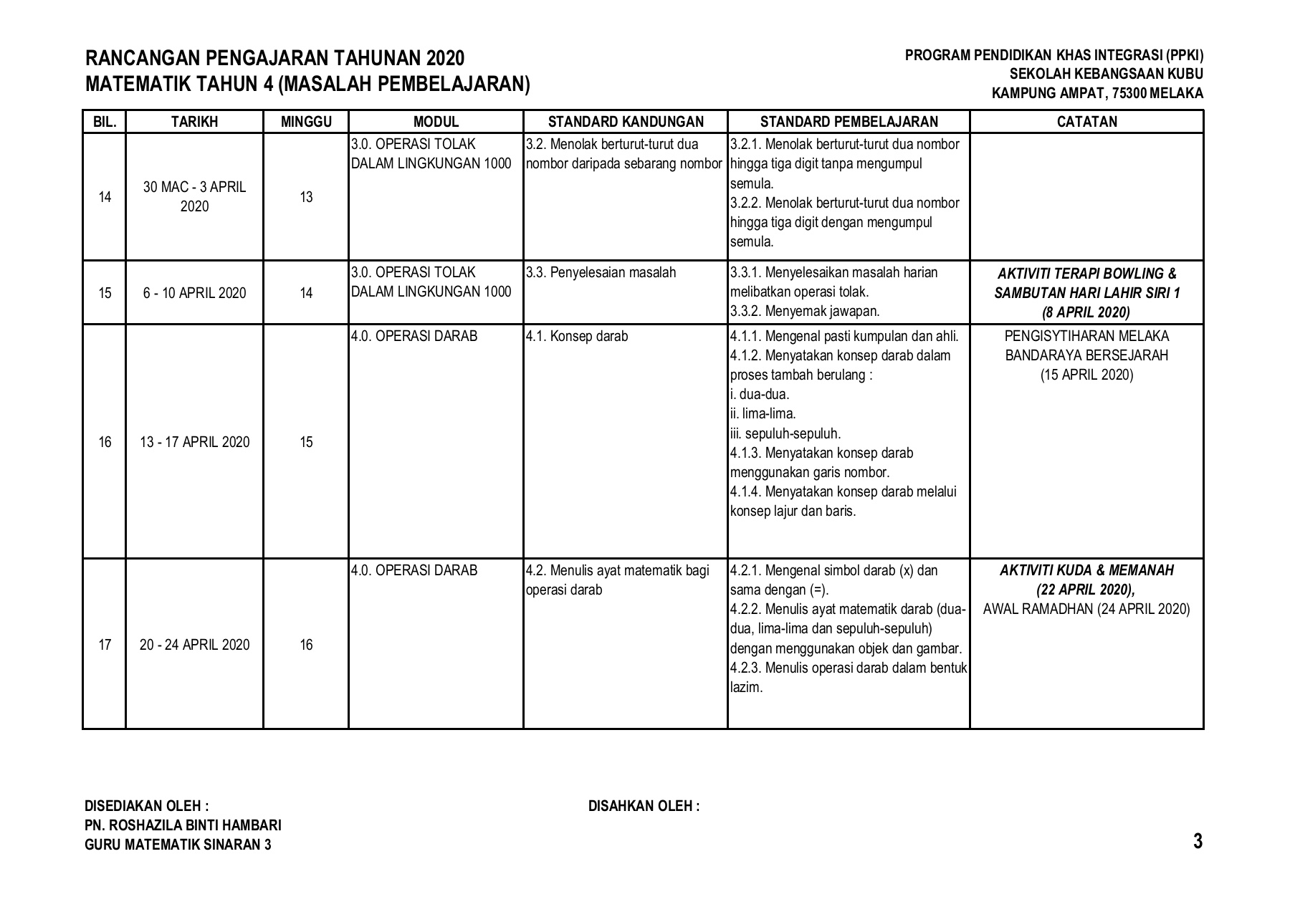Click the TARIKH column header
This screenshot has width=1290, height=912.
pos(194,122)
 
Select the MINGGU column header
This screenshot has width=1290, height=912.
pos(306,122)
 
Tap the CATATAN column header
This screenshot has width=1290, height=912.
pos(1086,122)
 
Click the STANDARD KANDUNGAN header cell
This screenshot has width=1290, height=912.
pos(626,122)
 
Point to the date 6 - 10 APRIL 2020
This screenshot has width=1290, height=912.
pos(194,293)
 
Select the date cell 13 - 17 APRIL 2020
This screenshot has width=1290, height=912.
pos(194,442)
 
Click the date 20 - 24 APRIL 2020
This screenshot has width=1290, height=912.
pos(194,645)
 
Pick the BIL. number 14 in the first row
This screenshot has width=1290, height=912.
pos(105,197)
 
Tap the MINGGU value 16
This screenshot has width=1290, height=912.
pos(306,645)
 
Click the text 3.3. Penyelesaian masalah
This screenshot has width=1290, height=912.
pos(601,273)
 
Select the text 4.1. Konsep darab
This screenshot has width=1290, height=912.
pos(576,336)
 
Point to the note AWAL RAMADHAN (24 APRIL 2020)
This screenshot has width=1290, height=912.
pos(1086,610)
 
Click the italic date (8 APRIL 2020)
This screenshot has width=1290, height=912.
pos(1086,312)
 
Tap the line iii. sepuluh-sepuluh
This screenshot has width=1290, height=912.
pos(785,433)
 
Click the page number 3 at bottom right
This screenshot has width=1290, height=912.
pos(1198,841)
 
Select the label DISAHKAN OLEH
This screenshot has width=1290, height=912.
pos(643,806)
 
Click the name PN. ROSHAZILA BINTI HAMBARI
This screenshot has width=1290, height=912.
pos(183,825)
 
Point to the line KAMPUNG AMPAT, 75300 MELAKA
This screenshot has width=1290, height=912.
pos(1097,93)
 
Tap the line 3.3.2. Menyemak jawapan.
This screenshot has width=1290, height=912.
pos(805,312)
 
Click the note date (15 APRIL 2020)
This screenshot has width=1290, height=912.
pos(1086,375)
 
